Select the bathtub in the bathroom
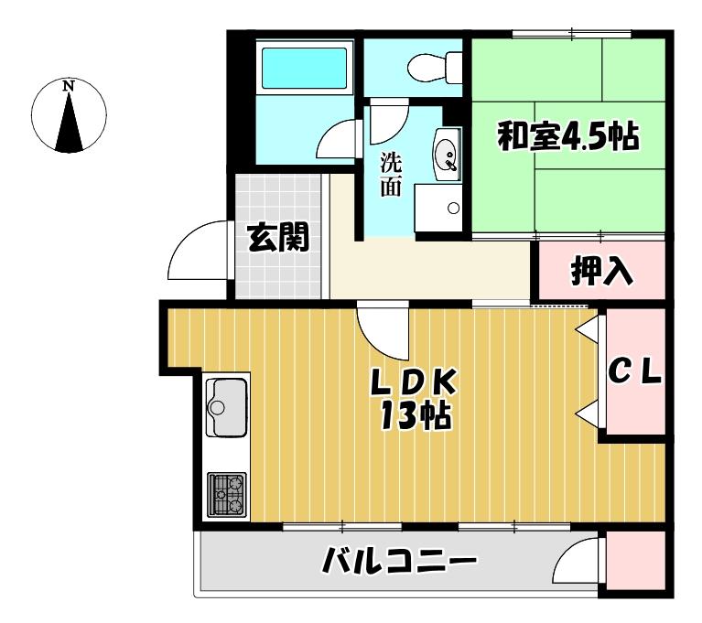pyautogui.click(x=305, y=67)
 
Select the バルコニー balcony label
pyautogui.click(x=401, y=560)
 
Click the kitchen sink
pyautogui.click(x=227, y=407)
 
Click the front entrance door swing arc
pyautogui.click(x=197, y=252)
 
